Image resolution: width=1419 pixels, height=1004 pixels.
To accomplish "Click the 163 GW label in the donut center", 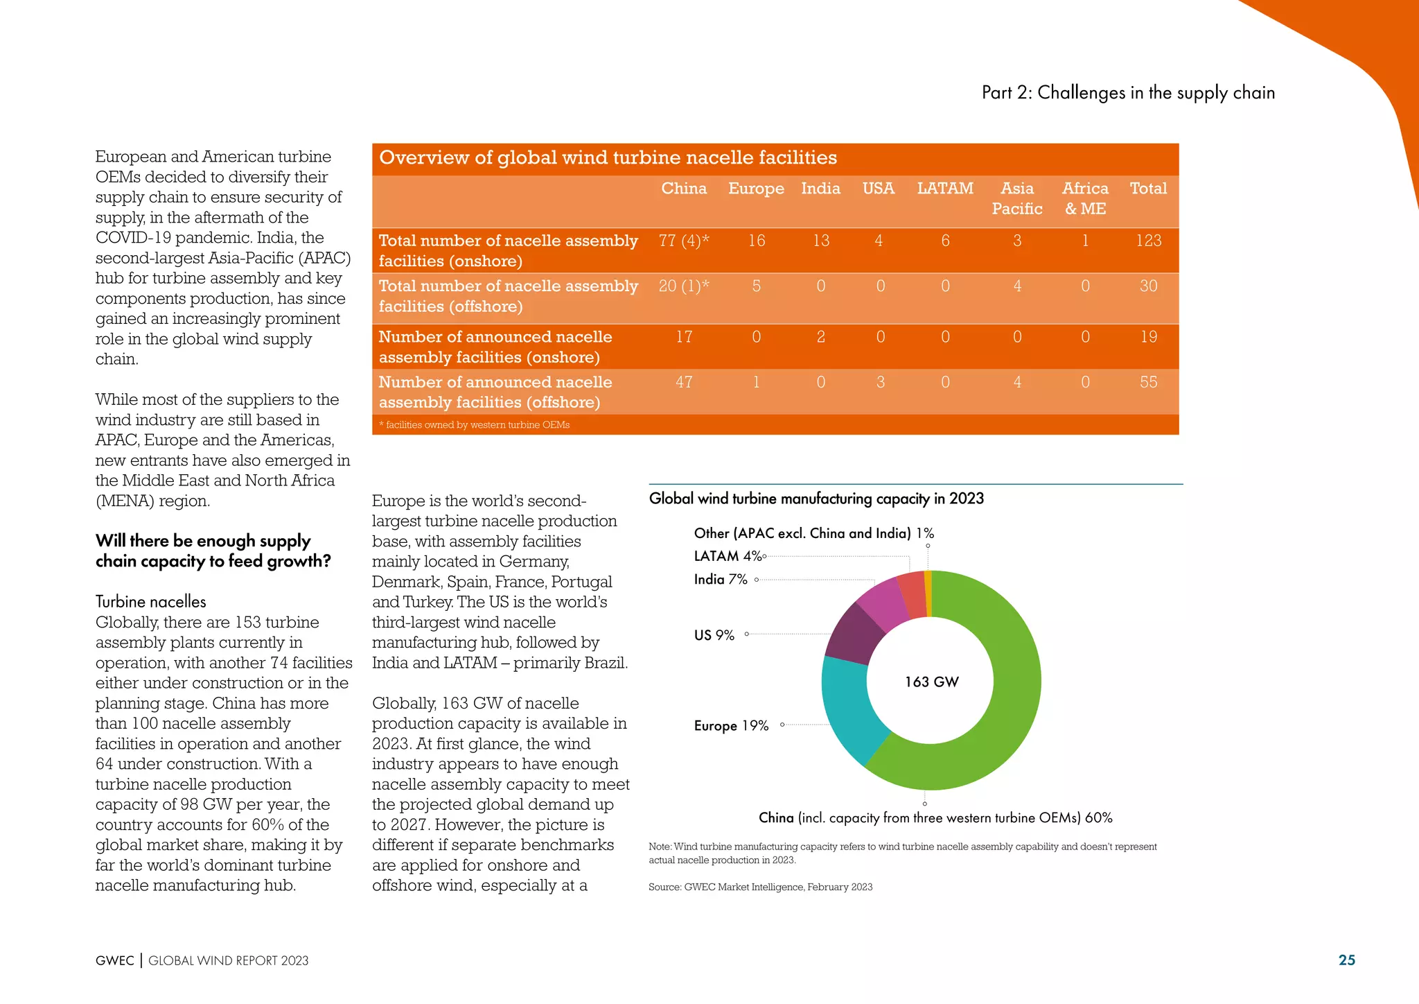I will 931,682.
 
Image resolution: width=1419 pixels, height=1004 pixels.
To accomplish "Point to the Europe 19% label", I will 731,725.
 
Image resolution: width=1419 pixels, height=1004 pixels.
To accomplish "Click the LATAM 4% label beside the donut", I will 728,556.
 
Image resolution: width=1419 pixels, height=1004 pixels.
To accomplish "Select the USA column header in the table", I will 878,189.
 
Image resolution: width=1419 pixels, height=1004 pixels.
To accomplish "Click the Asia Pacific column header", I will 1016,198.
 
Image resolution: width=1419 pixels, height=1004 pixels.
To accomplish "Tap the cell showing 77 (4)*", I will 684,241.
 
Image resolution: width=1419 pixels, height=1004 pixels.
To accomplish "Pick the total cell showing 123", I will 1148,241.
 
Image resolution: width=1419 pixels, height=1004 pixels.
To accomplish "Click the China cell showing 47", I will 684,382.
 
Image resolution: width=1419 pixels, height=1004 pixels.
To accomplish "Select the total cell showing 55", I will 1148,382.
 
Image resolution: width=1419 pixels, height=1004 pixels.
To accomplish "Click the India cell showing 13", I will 820,241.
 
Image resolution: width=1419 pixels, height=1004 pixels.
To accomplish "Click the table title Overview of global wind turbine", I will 608,158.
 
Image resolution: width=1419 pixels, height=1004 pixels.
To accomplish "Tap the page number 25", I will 1346,960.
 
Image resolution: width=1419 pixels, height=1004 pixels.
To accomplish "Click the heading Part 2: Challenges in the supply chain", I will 1128,93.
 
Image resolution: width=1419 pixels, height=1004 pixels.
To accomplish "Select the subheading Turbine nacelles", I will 151,602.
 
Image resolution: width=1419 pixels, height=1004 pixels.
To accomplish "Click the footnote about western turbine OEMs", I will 475,425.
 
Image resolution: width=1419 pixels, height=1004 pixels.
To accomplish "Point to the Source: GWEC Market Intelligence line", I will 760,887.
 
